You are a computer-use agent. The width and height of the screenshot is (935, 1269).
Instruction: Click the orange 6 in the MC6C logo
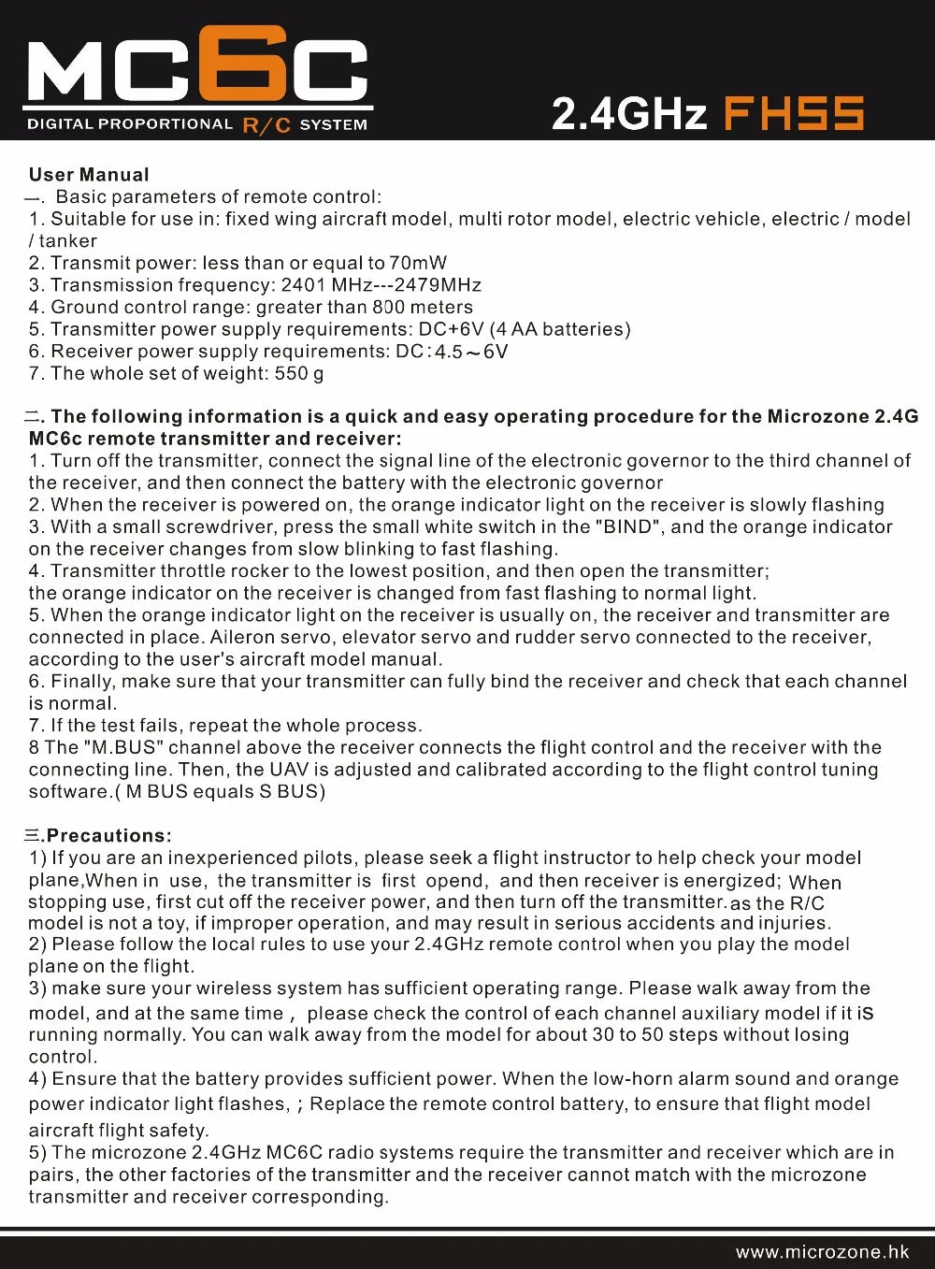coord(246,64)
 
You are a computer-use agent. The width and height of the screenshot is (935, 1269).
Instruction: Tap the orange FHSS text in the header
coord(794,114)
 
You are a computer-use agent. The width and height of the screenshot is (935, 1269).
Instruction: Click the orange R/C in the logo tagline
coord(266,124)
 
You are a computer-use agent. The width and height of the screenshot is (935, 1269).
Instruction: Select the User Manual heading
coord(89,175)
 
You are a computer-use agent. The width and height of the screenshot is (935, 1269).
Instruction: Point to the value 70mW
coord(418,263)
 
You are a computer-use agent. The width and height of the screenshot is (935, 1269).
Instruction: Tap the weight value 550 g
coord(299,373)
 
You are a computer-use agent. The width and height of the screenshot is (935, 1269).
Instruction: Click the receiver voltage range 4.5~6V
coord(471,353)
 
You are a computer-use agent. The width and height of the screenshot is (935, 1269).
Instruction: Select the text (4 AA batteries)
coord(560,329)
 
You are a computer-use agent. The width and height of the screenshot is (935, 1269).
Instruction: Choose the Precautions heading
coord(108,836)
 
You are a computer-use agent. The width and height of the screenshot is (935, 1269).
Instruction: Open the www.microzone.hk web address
coord(822,1252)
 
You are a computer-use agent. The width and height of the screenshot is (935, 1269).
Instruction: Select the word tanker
coord(68,241)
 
